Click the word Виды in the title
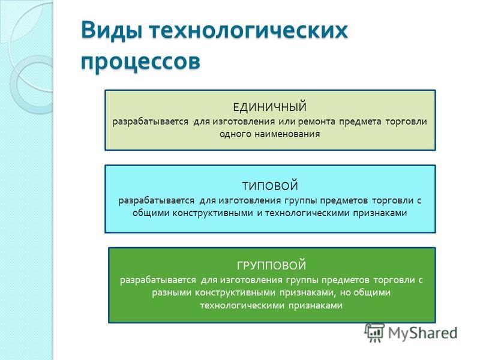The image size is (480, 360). pos(112,31)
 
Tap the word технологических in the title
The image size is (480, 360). pos(249,31)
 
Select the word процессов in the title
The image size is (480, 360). pos(141,61)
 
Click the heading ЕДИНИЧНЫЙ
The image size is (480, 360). pos(269,107)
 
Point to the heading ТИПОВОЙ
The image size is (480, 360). pos(270,186)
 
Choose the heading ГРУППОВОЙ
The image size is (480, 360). pos(272,265)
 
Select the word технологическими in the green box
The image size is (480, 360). pos(242,305)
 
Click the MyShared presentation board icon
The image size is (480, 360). pos(374,333)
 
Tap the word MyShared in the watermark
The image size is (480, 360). pos(423,333)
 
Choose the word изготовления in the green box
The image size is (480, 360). pos(251,280)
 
